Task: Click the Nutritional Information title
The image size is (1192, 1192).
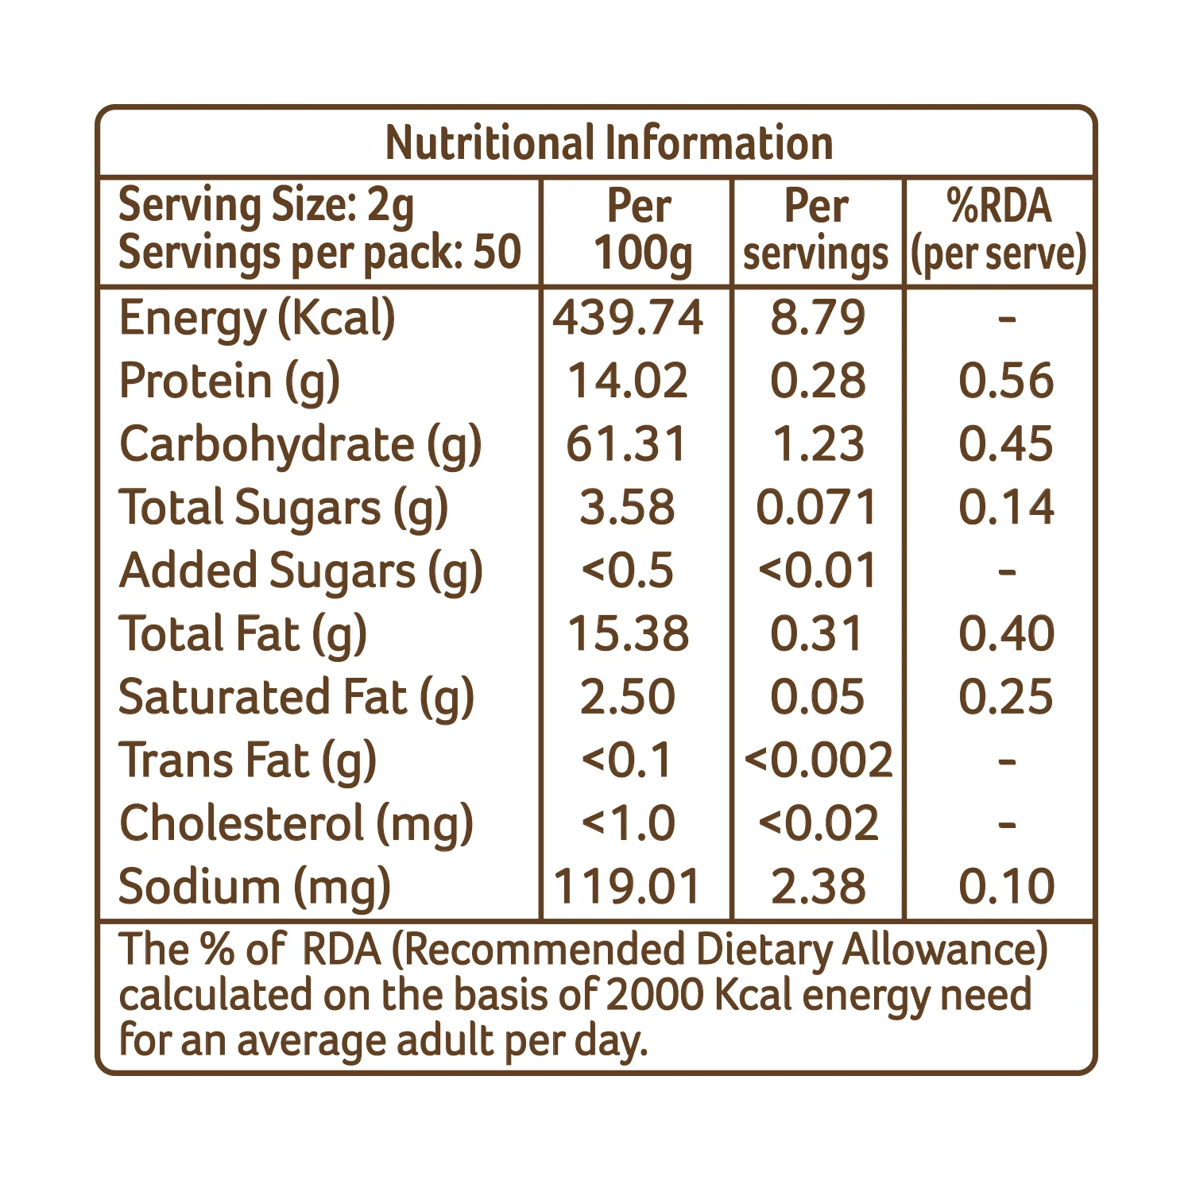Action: coord(610,143)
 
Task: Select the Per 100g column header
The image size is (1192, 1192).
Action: coord(641,230)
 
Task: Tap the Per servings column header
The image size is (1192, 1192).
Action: coord(816,230)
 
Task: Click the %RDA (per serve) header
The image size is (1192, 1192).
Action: coord(999,230)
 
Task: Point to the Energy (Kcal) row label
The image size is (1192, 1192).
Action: coord(257,319)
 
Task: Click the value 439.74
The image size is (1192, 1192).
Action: coord(628,317)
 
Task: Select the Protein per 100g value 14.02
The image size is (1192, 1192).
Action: coord(628,381)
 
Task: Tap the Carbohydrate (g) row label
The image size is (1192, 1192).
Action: coord(300,445)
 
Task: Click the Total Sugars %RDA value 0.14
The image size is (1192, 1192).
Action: coord(1006,507)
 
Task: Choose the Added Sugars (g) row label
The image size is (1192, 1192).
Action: coord(301,572)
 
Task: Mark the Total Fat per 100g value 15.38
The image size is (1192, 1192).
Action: coord(628,633)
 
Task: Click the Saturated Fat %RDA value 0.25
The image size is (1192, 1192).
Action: coord(1006,697)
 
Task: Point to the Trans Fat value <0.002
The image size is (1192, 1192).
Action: coord(819,760)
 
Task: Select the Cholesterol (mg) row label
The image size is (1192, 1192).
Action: coord(296,824)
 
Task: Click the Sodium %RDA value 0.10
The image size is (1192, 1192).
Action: coord(1006,887)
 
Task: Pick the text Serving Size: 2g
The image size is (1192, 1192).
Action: coord(266,207)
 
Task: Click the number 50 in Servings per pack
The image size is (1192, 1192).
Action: coord(497,252)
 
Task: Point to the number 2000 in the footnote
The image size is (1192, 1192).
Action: coord(654,995)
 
